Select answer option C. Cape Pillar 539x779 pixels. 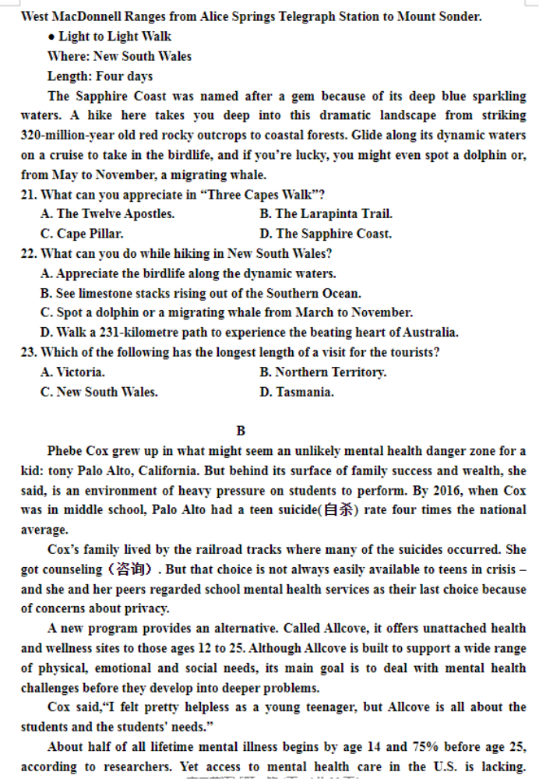(82, 234)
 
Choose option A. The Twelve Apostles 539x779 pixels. (107, 214)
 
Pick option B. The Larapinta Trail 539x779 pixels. (326, 214)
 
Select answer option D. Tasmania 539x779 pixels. (297, 393)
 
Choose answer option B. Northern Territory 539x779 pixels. (322, 372)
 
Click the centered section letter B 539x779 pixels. (241, 431)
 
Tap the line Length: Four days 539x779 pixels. (100, 76)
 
